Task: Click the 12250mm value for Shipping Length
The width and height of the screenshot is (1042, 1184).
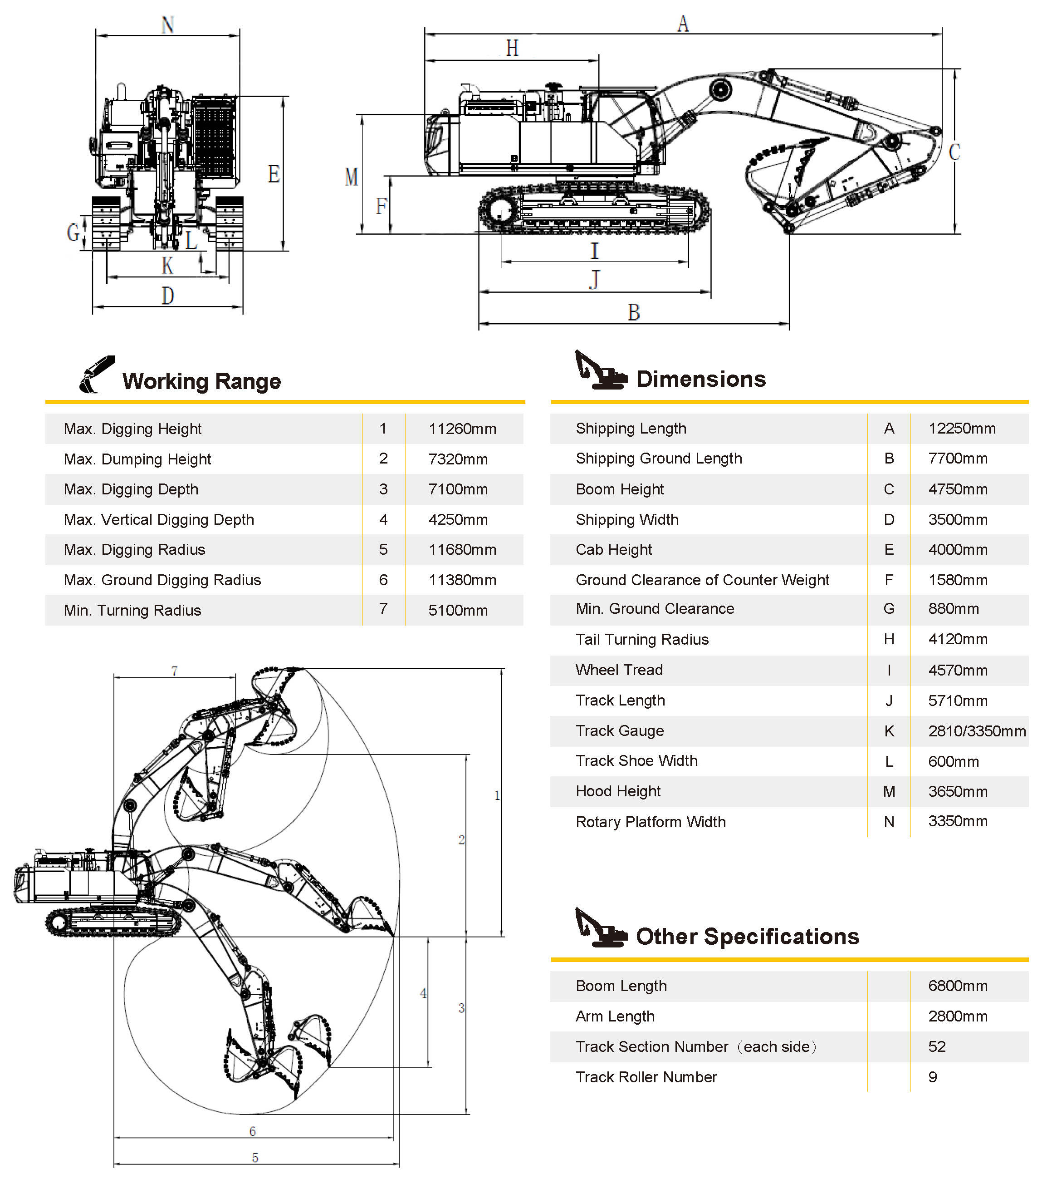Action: click(962, 428)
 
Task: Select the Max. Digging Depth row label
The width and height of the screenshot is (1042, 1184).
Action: click(131, 489)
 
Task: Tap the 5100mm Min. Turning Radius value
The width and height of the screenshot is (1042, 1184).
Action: click(458, 610)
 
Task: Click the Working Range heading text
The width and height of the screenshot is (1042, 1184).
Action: click(201, 381)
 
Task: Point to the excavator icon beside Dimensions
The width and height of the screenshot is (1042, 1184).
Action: click(600, 371)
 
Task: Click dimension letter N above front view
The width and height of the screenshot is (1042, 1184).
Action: click(167, 25)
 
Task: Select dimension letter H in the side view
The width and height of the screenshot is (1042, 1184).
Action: click(512, 48)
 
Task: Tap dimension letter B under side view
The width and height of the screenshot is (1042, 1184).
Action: click(634, 313)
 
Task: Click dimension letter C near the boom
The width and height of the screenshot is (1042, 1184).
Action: click(954, 153)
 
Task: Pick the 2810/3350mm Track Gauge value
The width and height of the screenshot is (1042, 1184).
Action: click(977, 731)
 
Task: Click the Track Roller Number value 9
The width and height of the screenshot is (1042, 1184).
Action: click(933, 1077)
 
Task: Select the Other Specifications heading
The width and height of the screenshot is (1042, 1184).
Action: click(747, 937)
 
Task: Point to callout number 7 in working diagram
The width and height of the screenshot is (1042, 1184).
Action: click(174, 671)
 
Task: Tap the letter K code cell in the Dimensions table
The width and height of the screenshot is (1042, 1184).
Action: click(889, 731)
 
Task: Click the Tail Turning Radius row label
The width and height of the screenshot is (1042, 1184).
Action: click(641, 640)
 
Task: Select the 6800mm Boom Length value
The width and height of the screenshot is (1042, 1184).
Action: click(958, 986)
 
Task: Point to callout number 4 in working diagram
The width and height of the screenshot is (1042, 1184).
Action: click(423, 993)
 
